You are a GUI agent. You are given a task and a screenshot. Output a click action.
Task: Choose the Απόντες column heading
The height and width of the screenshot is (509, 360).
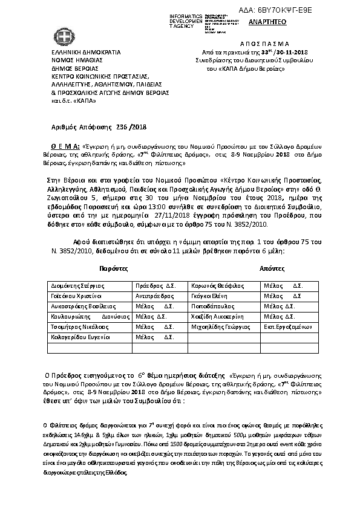pos(269,266)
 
